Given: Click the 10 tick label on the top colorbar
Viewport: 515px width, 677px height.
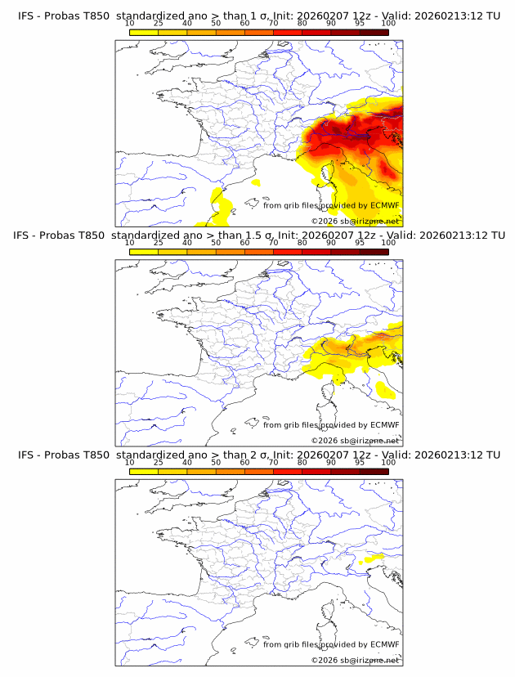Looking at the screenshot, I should tap(129, 24).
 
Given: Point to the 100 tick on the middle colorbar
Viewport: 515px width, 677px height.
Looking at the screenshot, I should tap(388, 243).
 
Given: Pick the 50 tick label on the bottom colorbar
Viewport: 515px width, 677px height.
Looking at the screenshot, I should tap(216, 462).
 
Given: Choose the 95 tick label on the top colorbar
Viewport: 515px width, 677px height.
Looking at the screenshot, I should tap(360, 24).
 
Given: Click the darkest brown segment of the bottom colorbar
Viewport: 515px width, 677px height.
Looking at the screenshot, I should tap(374, 471).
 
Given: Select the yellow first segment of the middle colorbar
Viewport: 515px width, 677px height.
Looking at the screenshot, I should tap(144, 252).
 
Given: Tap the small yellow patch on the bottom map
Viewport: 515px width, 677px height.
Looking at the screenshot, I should tap(373, 558).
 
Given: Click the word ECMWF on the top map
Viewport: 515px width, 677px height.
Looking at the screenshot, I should tap(384, 206).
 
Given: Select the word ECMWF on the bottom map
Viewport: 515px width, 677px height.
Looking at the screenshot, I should tap(384, 644).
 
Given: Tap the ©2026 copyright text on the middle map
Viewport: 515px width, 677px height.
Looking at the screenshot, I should tap(325, 440).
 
